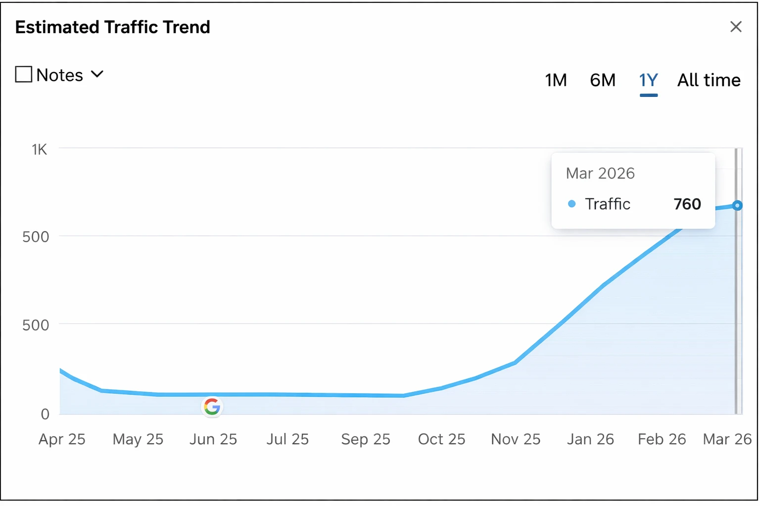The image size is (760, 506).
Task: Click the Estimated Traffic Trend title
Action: pos(113,27)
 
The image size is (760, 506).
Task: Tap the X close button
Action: pos(736,27)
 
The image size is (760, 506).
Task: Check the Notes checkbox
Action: pos(24,75)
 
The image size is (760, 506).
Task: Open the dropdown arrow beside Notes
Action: pos(97,75)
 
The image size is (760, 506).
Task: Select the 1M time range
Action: pos(556,80)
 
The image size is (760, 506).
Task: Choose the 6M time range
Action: pos(603,80)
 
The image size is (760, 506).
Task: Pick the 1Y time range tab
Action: pos(648,80)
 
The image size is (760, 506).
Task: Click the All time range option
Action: pos(709,80)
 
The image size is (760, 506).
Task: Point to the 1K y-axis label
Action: pos(40,150)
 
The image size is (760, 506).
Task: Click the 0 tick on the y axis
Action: pos(45,414)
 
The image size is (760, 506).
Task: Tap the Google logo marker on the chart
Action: pos(212,407)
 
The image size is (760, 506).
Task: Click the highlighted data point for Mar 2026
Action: pos(737,205)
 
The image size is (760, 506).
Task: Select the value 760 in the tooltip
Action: pos(687,204)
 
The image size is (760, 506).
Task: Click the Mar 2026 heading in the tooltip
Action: pos(600,173)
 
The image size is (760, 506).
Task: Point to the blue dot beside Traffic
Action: pos(572,204)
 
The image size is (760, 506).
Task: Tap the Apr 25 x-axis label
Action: pos(62,439)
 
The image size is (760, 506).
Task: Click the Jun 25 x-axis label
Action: pos(213,439)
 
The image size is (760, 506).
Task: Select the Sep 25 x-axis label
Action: pos(366,439)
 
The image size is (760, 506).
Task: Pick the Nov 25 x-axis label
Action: pos(516,439)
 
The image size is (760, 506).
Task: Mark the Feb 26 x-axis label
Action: pos(662,439)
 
